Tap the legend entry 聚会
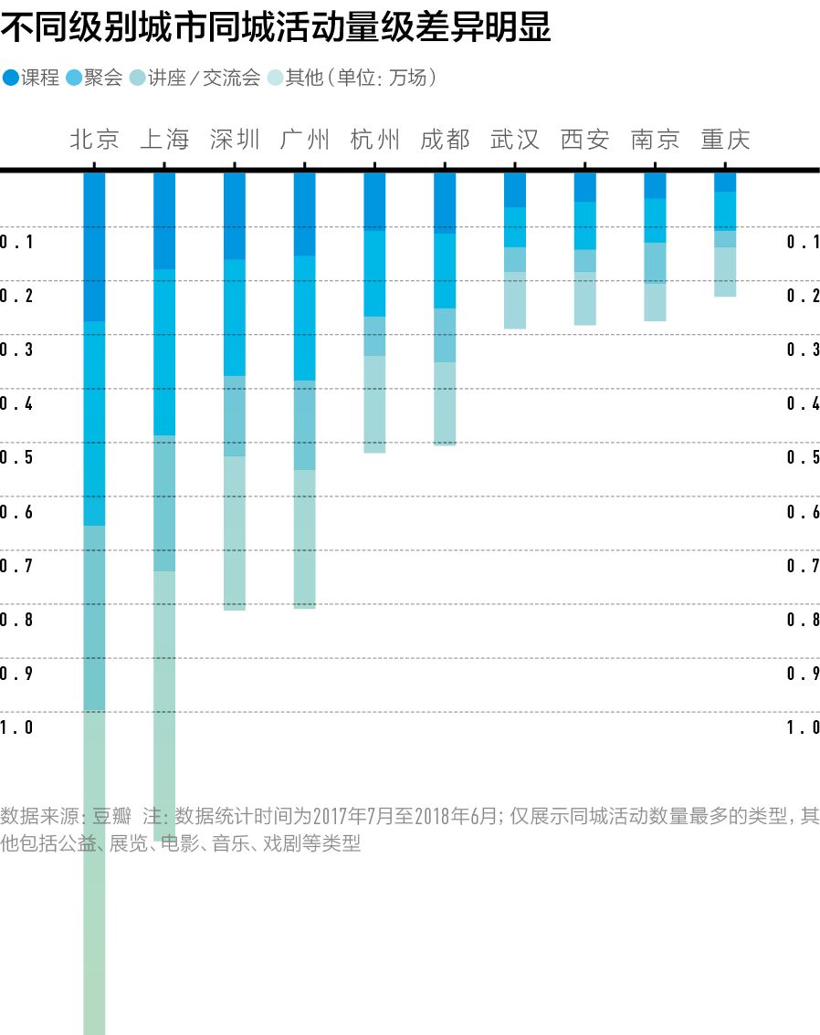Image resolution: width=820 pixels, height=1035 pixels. coord(95,78)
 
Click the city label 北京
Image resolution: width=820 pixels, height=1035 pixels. coord(95,140)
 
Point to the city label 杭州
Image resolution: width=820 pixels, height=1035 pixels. coord(375,140)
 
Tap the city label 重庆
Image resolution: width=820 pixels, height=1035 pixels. coord(725,140)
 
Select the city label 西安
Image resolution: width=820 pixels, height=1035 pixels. coord(585,140)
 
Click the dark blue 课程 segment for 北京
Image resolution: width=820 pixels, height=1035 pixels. coord(95,246)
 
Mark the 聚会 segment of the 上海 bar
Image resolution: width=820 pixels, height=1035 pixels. coord(164,351)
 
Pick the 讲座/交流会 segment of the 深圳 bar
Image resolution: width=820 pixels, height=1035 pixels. coord(235,415)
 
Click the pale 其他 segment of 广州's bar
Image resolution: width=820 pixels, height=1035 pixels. coord(305,538)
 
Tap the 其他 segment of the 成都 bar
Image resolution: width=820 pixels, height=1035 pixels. coord(445,403)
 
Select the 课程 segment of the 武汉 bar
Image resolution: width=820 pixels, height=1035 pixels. coord(515,190)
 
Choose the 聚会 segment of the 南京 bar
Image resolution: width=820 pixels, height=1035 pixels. coord(655,220)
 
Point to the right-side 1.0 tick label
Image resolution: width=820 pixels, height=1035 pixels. coord(803,727)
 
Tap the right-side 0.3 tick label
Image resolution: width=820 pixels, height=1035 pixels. coord(803,350)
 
